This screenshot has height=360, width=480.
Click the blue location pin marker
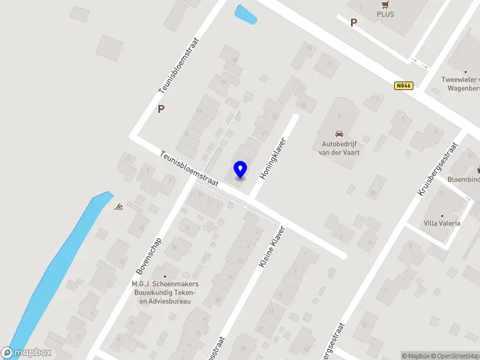tap(240, 170)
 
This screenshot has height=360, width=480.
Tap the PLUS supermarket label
tap(385, 14)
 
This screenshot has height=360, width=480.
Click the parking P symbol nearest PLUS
tap(353, 23)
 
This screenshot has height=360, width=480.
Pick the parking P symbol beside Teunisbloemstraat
tap(160, 109)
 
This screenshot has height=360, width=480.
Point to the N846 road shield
tap(403, 86)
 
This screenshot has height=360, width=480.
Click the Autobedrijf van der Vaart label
tap(339, 148)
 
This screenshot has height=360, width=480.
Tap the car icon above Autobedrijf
tap(339, 134)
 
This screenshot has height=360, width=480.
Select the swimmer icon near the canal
tap(119, 207)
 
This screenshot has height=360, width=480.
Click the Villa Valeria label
tap(442, 223)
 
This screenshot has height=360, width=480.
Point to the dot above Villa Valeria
tap(442, 215)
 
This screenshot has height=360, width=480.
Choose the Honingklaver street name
tap(272, 158)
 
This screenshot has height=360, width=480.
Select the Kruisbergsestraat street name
tap(436, 169)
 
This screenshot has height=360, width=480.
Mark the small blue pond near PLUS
tap(246, 15)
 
